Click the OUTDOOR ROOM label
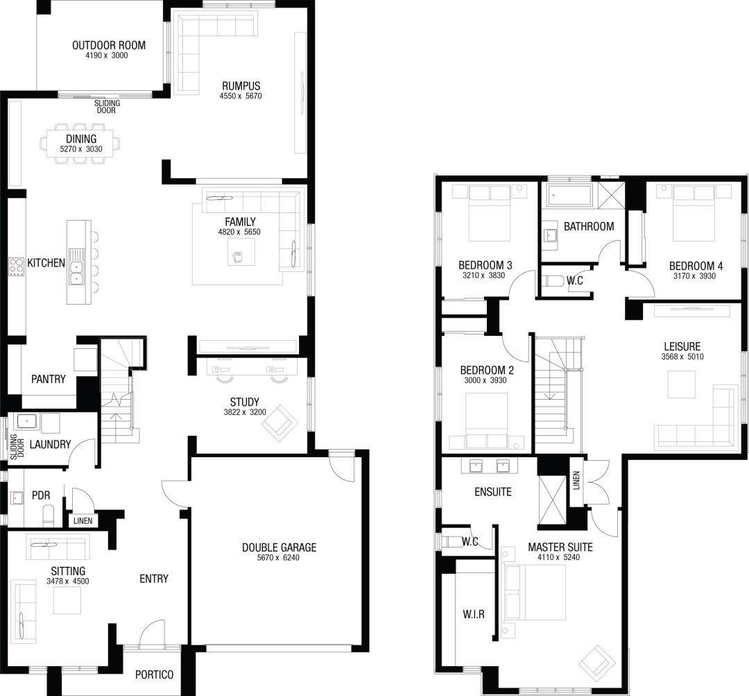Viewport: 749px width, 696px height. tap(109, 45)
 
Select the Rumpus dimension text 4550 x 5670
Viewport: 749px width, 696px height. tap(241, 96)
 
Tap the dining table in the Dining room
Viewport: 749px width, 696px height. tap(80, 144)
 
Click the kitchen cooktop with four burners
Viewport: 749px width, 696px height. tap(17, 266)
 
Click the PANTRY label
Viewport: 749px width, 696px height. tap(49, 379)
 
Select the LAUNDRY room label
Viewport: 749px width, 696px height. tap(50, 445)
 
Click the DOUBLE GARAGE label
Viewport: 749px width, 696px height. tap(279, 548)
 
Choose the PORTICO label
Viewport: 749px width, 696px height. tap(154, 674)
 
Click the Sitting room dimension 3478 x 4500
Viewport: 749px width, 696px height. tap(68, 582)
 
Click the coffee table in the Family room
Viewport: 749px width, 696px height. tap(241, 251)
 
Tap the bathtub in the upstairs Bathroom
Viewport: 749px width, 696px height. tap(569, 196)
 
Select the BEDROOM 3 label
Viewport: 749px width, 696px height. tap(485, 265)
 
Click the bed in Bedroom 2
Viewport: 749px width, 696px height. tap(486, 421)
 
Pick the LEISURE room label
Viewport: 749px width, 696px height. tap(682, 346)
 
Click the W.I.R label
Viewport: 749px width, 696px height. tap(474, 614)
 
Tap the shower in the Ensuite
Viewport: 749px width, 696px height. tap(552, 500)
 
